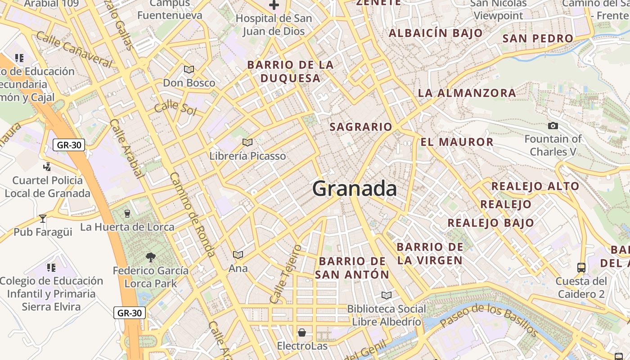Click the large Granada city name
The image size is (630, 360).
[x=355, y=189]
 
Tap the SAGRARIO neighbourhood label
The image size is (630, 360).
[x=361, y=127]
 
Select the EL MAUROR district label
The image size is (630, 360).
[x=457, y=142]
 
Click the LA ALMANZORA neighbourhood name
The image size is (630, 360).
[x=467, y=93]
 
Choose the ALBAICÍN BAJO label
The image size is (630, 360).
[x=435, y=33]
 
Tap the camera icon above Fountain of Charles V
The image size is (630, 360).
[x=553, y=126]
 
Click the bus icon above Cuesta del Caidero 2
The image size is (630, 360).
[x=581, y=267]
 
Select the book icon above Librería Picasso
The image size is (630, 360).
[x=247, y=142]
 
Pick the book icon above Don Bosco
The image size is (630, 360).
[x=189, y=69]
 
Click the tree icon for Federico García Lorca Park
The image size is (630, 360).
[x=151, y=257]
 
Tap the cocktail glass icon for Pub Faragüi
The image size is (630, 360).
[x=43, y=218]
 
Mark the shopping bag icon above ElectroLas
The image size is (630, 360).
[x=302, y=333]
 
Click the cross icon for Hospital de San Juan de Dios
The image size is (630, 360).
[x=274, y=5]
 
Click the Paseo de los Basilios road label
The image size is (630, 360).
[x=488, y=320]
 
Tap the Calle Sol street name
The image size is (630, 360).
[x=175, y=108]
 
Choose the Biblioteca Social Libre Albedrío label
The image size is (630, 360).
[x=386, y=315]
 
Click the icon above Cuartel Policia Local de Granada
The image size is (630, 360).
[x=47, y=167]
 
